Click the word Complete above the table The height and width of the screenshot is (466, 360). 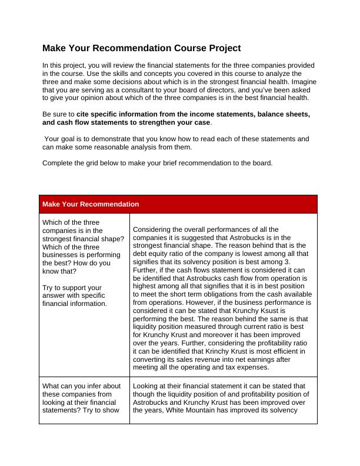coord(58,164)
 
